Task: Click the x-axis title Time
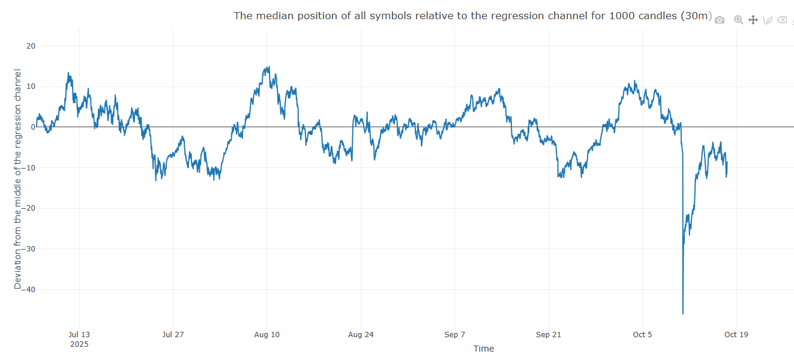483,349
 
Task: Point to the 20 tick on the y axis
31,46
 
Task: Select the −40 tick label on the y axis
28,289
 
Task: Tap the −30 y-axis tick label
28,248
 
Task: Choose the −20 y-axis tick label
28,208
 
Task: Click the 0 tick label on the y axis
33,127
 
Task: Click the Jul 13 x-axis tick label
79,335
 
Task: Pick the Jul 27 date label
173,335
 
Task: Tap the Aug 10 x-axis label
266,335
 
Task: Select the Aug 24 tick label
361,335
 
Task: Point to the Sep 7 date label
454,335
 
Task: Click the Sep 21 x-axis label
548,335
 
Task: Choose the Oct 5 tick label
642,335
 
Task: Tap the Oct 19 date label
736,335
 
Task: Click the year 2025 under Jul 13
79,344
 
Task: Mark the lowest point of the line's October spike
683,313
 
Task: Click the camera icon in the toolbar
720,20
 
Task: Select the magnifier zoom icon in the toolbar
738,20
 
